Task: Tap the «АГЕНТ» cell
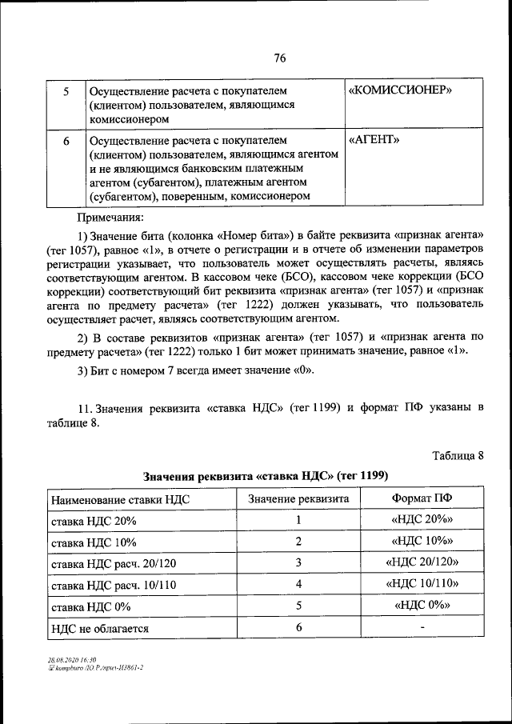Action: pyautogui.click(x=375, y=140)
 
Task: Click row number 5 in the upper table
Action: pyautogui.click(x=66, y=91)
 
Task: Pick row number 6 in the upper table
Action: pyautogui.click(x=66, y=141)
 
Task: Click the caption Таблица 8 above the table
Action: pyautogui.click(x=458, y=456)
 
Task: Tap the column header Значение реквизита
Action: pyautogui.click(x=298, y=498)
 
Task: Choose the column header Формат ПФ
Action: pyautogui.click(x=422, y=498)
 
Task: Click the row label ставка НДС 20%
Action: pyautogui.click(x=94, y=521)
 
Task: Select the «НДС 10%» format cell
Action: pyautogui.click(x=422, y=542)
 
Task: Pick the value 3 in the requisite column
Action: pyautogui.click(x=298, y=563)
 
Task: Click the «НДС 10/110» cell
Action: pyautogui.click(x=422, y=585)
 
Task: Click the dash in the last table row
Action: pyautogui.click(x=422, y=628)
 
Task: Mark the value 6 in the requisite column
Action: pyautogui.click(x=298, y=628)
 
